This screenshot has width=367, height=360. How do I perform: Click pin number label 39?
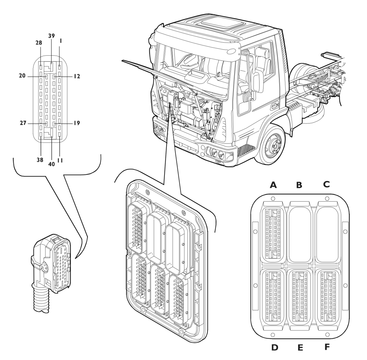point(51,36)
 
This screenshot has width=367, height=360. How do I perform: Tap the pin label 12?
point(76,76)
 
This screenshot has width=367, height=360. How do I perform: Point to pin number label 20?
point(22,76)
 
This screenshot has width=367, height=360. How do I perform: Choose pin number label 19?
point(76,123)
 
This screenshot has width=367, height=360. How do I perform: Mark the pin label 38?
point(40,160)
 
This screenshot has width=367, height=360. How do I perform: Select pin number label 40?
point(51,164)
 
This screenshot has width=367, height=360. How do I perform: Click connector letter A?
point(273,185)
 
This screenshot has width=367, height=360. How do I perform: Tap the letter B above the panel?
point(299,185)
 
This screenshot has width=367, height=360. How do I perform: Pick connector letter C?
point(326,184)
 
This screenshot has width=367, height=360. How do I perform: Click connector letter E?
point(300,348)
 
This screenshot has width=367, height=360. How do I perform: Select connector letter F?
point(327,347)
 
